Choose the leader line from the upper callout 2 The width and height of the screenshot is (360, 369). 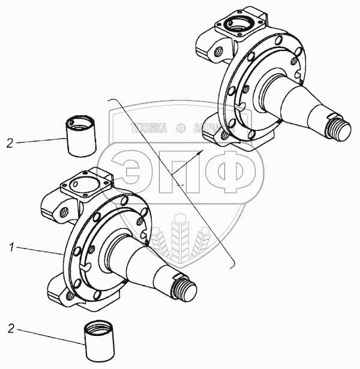(x=40, y=141)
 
